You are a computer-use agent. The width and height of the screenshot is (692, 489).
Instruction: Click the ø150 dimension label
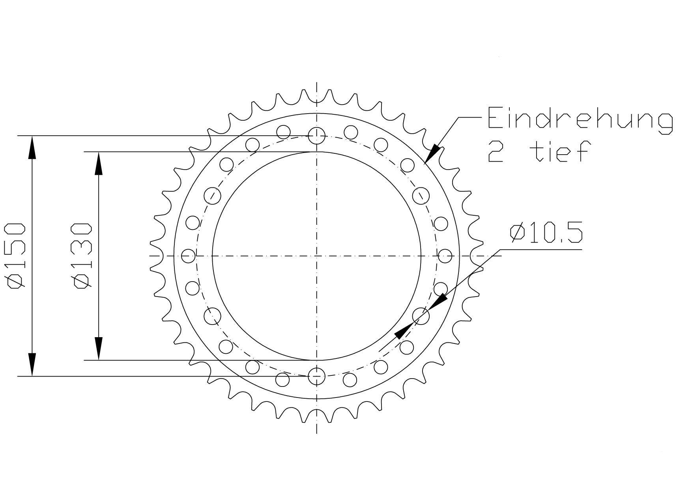(16, 256)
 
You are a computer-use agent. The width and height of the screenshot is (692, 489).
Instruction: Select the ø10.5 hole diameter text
(546, 233)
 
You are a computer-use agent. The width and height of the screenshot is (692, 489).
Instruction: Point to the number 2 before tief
(496, 152)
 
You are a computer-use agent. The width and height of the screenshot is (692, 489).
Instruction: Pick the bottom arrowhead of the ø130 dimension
(99, 349)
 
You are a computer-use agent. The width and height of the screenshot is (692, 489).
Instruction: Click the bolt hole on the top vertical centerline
(316, 135)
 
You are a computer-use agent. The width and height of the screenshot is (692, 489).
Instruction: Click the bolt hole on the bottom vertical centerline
(316, 376)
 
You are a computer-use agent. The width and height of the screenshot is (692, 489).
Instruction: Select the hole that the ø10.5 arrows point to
(421, 316)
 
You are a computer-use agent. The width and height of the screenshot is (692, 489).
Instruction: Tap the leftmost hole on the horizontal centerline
(188, 256)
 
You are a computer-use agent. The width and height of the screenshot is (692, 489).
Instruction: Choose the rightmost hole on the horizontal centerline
(445, 256)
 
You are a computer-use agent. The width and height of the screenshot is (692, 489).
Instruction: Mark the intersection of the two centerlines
(316, 256)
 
